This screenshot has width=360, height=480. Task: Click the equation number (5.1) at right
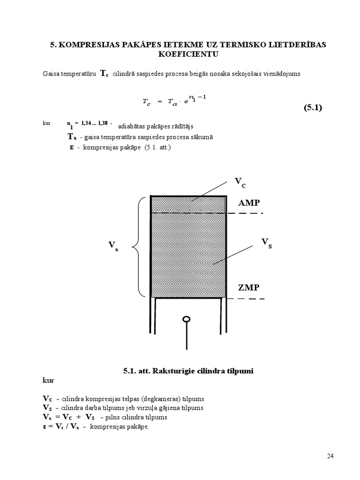coord(313,108)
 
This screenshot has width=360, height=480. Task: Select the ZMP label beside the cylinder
coord(248,287)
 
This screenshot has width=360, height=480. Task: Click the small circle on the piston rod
coord(187,320)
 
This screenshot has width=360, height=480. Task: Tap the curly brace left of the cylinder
coord(136,247)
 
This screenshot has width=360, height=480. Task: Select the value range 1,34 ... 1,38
coord(95,123)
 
